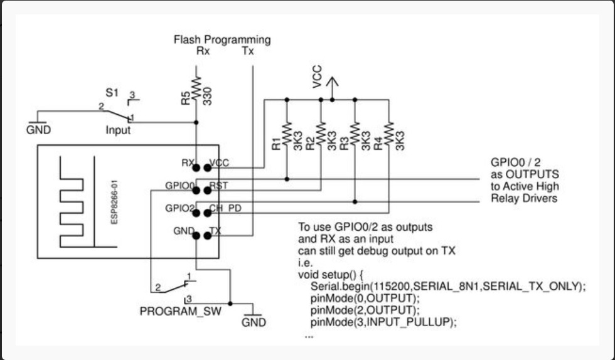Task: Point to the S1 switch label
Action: coord(112,93)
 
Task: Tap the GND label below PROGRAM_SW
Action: coord(254,322)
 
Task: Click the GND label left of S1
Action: coord(38,130)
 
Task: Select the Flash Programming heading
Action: coord(222,40)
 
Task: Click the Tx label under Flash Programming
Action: coord(248,51)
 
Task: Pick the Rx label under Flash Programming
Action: coord(203,51)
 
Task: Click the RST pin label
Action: coord(219,186)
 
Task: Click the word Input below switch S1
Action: coord(118,130)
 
